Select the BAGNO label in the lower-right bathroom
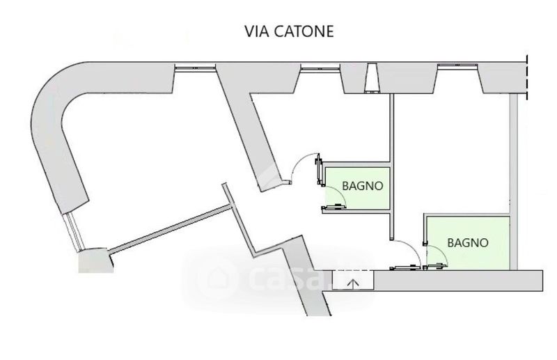click(467, 243)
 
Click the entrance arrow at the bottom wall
click(353, 283)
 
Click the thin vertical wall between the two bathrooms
click(392, 157)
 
